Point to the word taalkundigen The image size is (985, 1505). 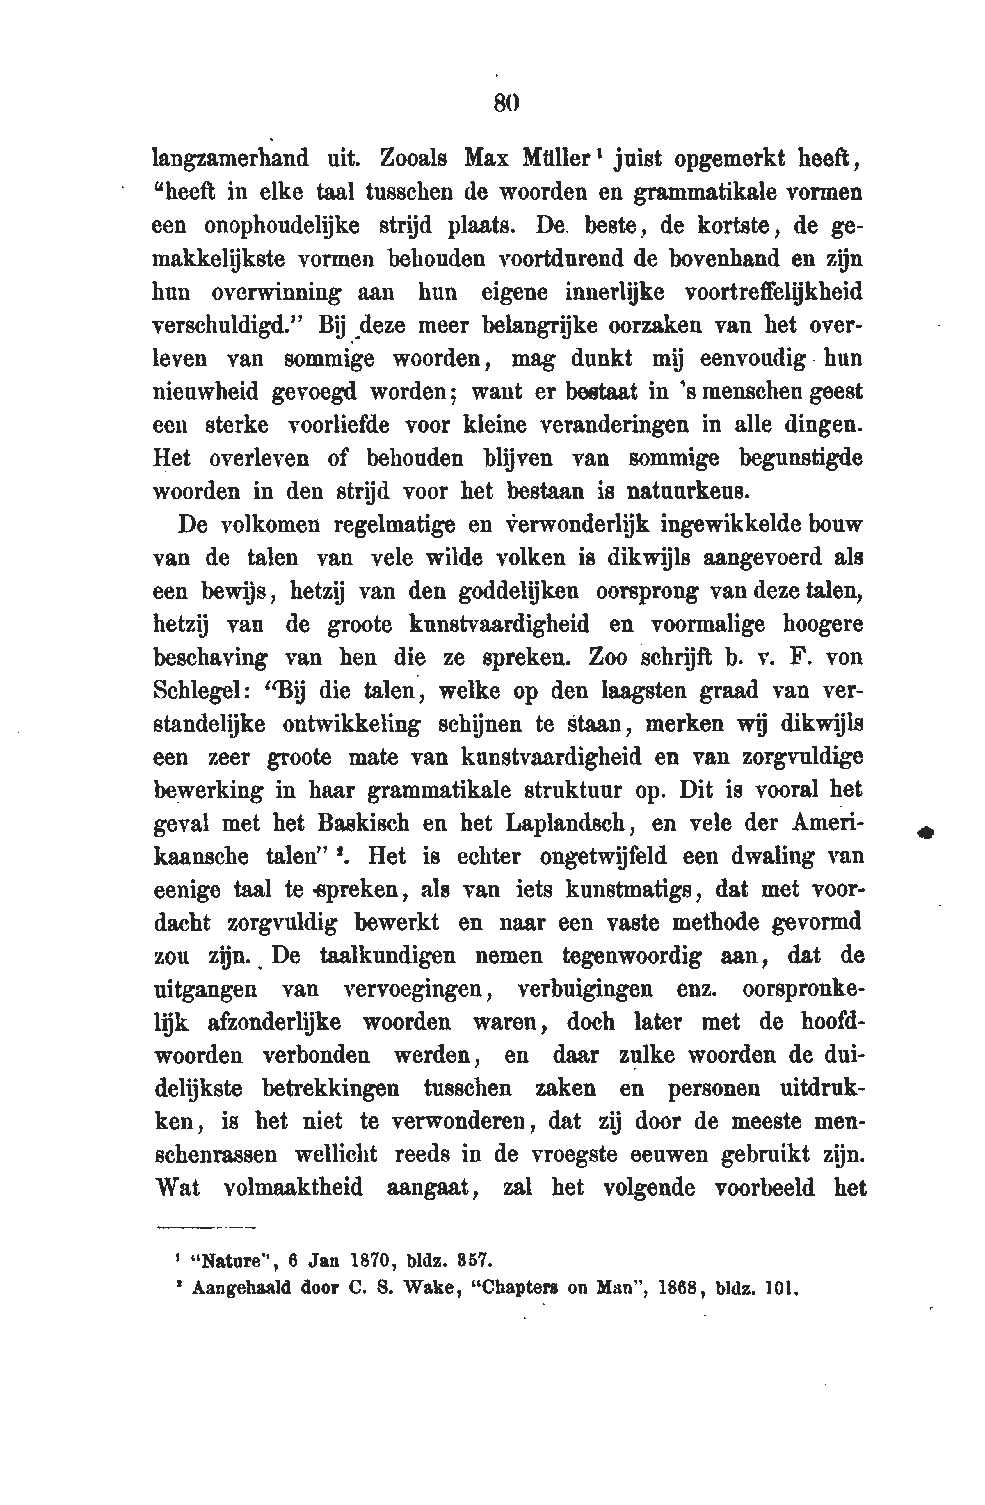pyautogui.click(x=388, y=957)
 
